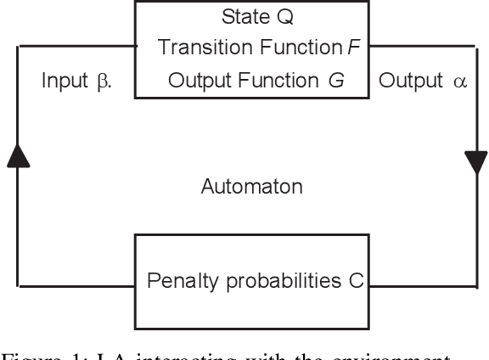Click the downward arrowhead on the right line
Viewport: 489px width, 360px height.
click(472, 160)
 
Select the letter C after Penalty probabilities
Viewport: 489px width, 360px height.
click(356, 280)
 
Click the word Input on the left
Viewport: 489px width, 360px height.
click(66, 82)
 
